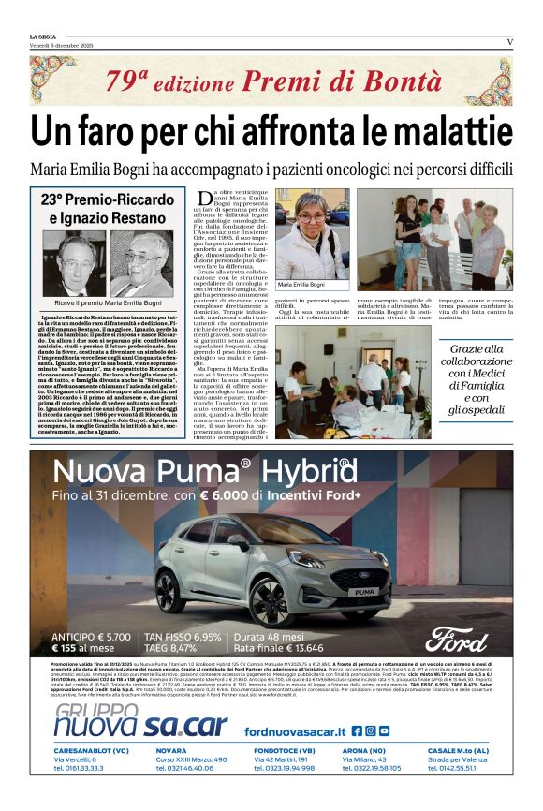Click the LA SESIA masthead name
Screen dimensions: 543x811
pyautogui.click(x=43, y=37)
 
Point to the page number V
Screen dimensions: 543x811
pyautogui.click(x=509, y=40)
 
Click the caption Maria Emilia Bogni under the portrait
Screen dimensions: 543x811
pyautogui.click(x=301, y=283)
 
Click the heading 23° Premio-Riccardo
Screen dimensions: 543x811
pyautogui.click(x=106, y=199)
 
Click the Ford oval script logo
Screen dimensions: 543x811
pyautogui.click(x=456, y=639)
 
